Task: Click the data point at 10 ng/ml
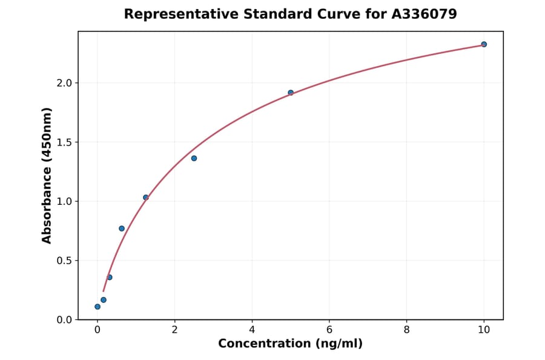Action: (484, 44)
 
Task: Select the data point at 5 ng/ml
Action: (291, 93)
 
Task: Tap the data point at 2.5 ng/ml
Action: (194, 158)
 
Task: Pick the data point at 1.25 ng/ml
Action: (146, 198)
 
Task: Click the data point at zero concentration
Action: (97, 307)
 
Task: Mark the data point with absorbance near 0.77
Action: (122, 228)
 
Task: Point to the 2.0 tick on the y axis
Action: (63, 83)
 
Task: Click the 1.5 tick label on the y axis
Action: (63, 142)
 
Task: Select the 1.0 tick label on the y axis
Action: (63, 201)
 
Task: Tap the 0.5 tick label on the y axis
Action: (63, 261)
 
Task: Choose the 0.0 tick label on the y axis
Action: (63, 320)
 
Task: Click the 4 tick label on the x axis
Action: (252, 330)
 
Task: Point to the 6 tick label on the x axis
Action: (329, 330)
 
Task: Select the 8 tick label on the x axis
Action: (406, 330)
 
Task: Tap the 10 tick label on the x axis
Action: (484, 330)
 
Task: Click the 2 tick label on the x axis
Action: (174, 330)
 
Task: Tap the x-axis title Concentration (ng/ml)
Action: (290, 344)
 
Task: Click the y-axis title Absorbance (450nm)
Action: (47, 176)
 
